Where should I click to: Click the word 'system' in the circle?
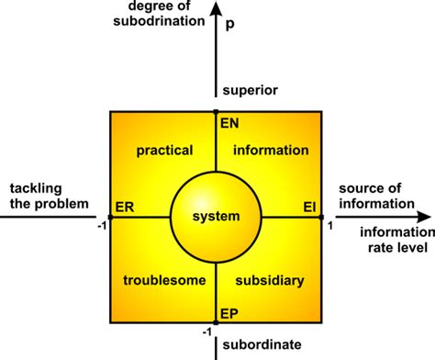(x=216, y=217)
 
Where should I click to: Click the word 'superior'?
(x=248, y=90)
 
